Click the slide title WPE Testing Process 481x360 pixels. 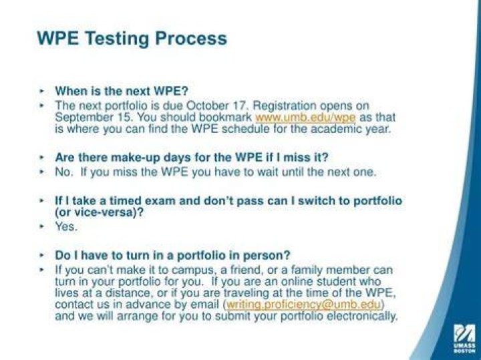tap(132, 39)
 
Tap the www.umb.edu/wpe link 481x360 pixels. tap(305, 118)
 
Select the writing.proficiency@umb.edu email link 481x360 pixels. tap(303, 305)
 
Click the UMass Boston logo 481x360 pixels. tap(464, 338)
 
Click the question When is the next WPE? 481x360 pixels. tap(122, 91)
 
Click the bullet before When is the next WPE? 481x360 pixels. tap(42, 91)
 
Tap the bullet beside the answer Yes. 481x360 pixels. tap(42, 227)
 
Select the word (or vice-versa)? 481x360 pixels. tap(99, 212)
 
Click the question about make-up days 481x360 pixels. tap(192, 158)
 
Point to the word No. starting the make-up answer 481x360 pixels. tap(64, 172)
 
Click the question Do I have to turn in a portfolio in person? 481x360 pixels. tap(172, 255)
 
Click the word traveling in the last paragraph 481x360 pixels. tap(246, 293)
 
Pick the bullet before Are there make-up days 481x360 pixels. tap(42, 158)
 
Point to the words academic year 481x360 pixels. tap(351, 129)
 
